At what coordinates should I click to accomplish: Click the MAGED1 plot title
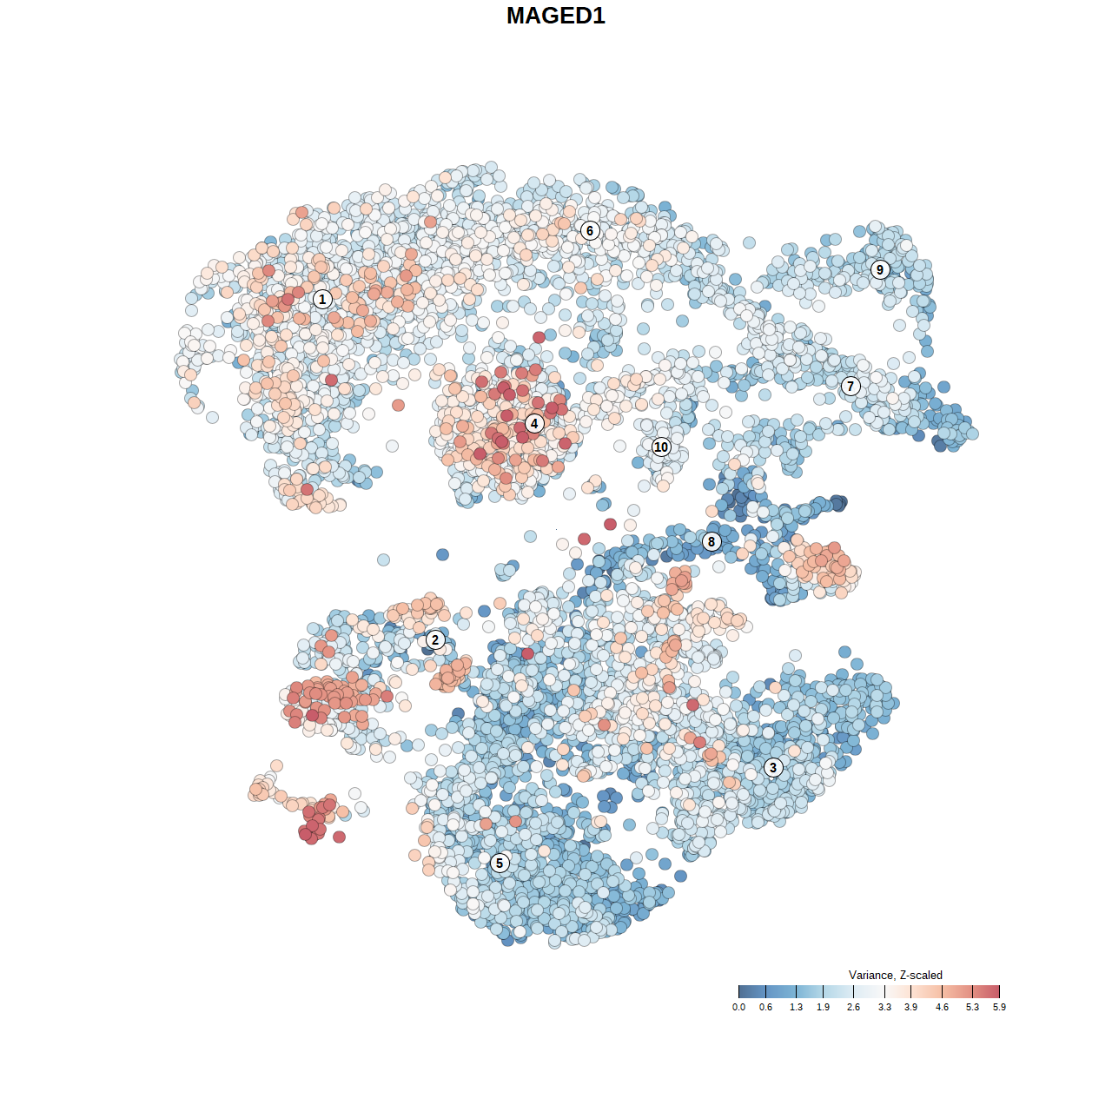(x=556, y=16)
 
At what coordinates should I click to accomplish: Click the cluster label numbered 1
(x=322, y=299)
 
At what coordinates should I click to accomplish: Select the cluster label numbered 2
(x=435, y=640)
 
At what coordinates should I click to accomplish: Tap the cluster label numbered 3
(x=773, y=767)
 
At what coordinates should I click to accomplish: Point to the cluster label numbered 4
(x=534, y=423)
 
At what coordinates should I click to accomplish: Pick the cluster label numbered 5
(x=500, y=863)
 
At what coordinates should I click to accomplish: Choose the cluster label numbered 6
(x=590, y=230)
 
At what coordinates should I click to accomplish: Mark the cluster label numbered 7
(x=851, y=386)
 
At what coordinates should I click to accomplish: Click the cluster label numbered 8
(x=712, y=541)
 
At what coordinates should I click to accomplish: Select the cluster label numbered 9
(x=880, y=269)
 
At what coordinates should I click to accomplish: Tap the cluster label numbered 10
(x=661, y=447)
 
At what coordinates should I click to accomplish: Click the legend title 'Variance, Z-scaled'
(x=895, y=975)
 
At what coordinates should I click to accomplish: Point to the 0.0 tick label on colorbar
(x=738, y=1007)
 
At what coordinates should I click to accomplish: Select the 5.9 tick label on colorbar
(x=999, y=1007)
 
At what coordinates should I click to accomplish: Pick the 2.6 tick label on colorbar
(x=853, y=1007)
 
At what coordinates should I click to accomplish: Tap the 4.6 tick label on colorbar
(x=942, y=1007)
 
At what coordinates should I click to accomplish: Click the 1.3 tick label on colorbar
(x=796, y=1007)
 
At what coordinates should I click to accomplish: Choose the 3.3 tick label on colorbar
(x=884, y=1007)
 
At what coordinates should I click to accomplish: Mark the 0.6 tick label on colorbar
(x=765, y=1007)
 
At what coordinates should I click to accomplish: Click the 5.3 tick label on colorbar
(x=972, y=1007)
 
